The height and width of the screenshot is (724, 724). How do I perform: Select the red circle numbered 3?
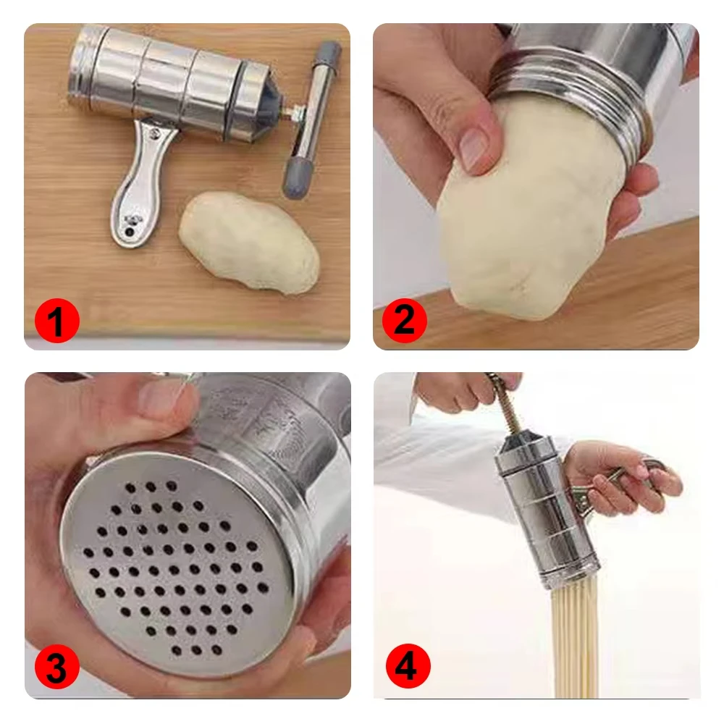coord(56,668)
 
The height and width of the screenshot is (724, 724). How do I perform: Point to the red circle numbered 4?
coord(406,667)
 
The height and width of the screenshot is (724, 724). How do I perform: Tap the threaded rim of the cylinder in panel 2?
coord(572,101)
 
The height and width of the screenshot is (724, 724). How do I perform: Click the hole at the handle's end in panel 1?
coord(131,232)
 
